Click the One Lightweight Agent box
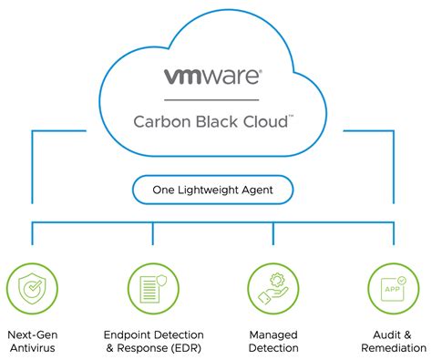pos(214,190)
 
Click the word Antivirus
pos(34,348)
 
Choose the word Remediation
pos(393,348)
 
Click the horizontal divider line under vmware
pos(214,98)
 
